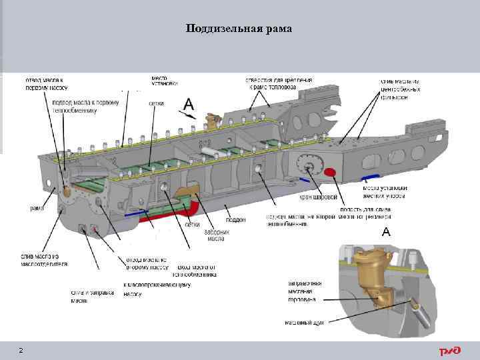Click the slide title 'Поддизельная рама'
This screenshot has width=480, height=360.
click(239, 28)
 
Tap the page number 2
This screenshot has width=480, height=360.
click(21, 351)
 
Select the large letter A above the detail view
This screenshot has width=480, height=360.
click(385, 232)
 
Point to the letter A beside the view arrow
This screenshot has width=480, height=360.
click(189, 104)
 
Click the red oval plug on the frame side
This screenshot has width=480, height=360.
click(329, 173)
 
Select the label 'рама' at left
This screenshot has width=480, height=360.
click(37, 209)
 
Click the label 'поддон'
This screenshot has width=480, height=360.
click(235, 219)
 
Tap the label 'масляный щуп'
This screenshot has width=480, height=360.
click(304, 322)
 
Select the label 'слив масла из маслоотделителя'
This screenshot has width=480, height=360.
click(44, 260)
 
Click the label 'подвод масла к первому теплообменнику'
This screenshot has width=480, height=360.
click(85, 106)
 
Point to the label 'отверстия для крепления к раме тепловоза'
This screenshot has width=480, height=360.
click(279, 83)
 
